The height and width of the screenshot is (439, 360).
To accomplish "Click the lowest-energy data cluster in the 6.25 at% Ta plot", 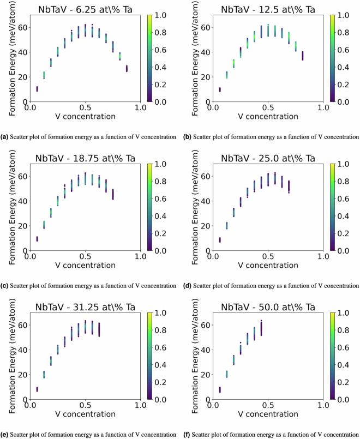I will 37,89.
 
